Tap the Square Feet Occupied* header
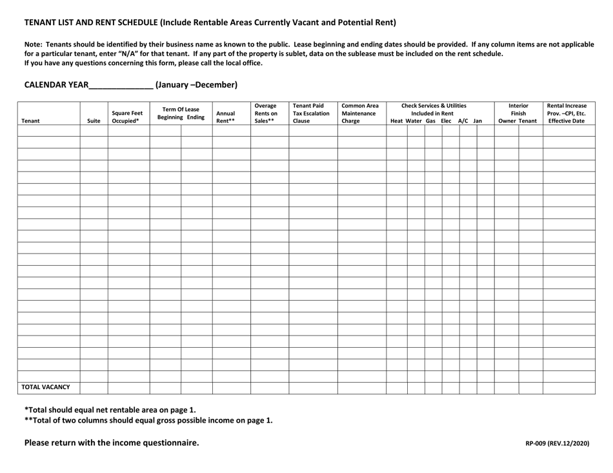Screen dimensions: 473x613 click(x=127, y=116)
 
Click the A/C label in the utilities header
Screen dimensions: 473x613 click(x=463, y=121)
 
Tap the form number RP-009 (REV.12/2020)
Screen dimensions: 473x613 click(x=558, y=444)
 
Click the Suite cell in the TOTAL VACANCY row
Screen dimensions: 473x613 click(x=94, y=387)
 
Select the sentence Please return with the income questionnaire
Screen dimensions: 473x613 click(x=112, y=443)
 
